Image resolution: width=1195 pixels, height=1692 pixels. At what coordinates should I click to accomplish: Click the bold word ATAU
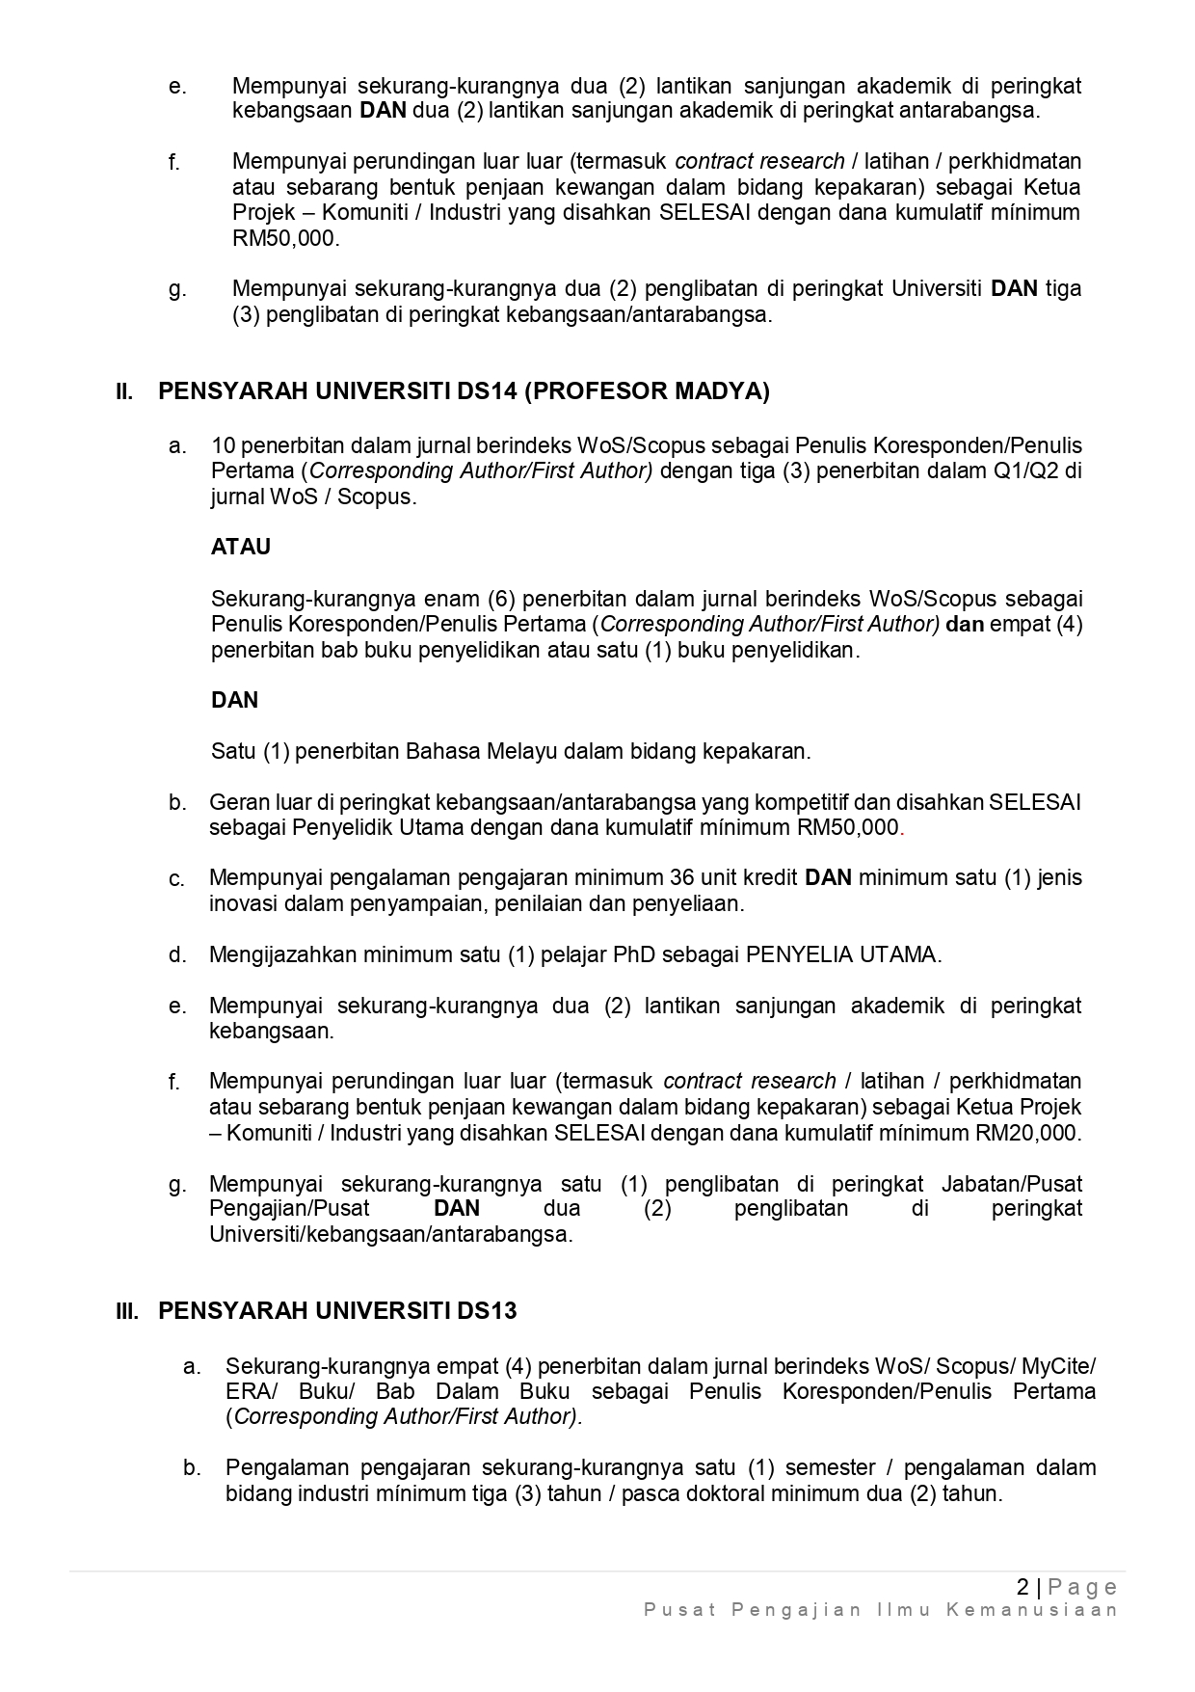[x=241, y=548]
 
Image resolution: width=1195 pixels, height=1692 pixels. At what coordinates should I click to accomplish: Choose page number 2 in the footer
[x=1022, y=1587]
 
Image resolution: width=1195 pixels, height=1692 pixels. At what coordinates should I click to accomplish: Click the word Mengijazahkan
[x=279, y=955]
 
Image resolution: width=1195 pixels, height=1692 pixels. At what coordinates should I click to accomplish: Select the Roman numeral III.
[x=127, y=1311]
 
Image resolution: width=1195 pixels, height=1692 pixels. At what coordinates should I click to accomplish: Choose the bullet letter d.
[x=177, y=955]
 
